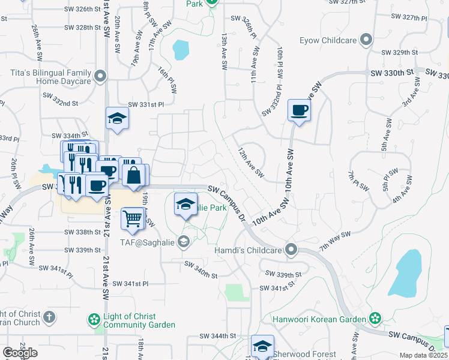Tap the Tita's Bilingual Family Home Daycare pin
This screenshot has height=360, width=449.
coord(100,77)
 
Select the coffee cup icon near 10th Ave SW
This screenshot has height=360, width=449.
coord(299,111)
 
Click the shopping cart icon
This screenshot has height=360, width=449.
coord(132,218)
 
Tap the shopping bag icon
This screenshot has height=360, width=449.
coord(134,176)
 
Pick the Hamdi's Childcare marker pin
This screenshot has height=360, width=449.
coord(291,249)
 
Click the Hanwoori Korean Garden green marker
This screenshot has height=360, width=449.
coord(375,317)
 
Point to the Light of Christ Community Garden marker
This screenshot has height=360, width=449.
coord(94,318)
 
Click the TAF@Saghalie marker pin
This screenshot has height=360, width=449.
coord(184,242)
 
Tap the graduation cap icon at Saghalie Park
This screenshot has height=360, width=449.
coord(185,204)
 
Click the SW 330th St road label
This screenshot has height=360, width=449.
coord(390,72)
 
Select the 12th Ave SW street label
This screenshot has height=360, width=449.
coord(251,163)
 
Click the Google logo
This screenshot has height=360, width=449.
coord(20,353)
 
